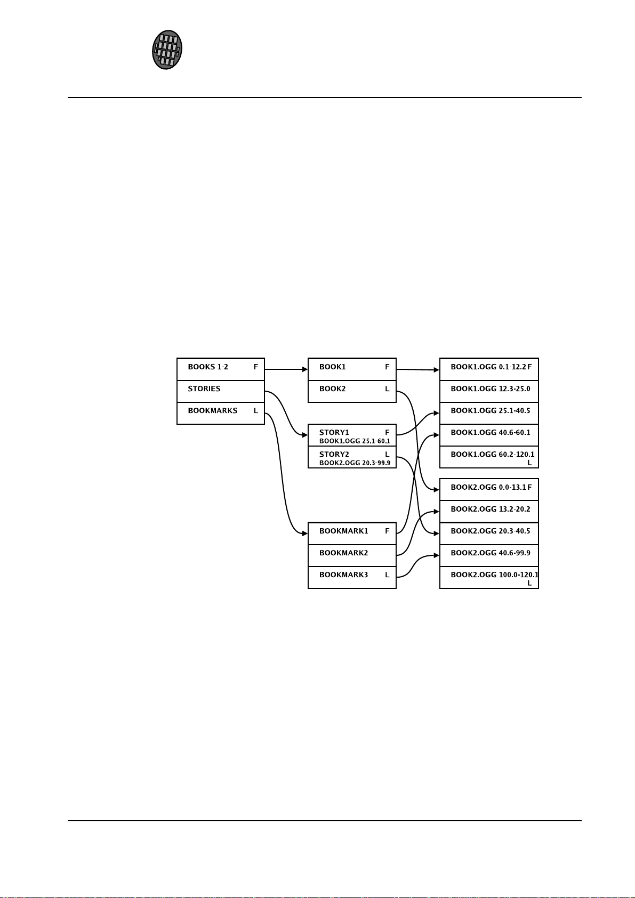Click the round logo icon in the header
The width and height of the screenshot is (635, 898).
tap(167, 50)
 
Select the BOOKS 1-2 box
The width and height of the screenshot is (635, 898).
tap(221, 369)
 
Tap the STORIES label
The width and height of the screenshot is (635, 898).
tap(204, 389)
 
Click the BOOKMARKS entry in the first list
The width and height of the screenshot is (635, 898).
tap(213, 411)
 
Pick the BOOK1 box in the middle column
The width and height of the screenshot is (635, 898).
tap(352, 369)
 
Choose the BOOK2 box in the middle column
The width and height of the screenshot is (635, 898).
tap(352, 391)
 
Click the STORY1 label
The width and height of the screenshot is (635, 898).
tap(334, 432)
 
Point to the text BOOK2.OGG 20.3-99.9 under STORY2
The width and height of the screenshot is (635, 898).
tap(355, 463)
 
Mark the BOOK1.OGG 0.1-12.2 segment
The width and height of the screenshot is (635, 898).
tap(489, 369)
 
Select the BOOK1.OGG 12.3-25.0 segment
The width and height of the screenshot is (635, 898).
tap(489, 391)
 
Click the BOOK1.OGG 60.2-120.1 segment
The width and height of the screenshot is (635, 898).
tap(489, 457)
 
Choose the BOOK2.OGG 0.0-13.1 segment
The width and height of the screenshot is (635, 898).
tap(489, 489)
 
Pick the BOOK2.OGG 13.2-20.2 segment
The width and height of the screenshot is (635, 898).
tap(489, 511)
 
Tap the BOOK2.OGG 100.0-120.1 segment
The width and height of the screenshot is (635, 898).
tap(489, 577)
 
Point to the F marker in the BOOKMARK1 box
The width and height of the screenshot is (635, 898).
tap(388, 531)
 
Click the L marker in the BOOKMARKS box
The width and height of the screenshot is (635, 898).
tap(256, 411)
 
